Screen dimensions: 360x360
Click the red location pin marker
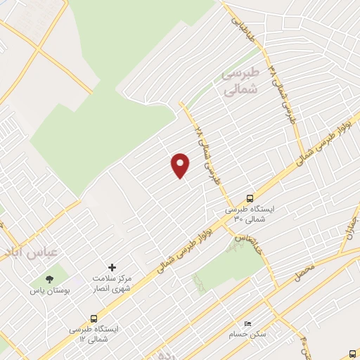pos(181,165)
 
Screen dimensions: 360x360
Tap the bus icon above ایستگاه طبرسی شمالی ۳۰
pos(250,198)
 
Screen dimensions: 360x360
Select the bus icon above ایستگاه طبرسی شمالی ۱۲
pos(94,319)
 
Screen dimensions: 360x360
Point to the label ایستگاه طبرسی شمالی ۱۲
pos(94,334)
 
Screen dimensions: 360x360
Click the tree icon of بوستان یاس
pos(49,279)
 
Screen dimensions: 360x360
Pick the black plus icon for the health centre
pos(112,267)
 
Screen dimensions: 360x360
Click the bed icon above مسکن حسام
pos(247,323)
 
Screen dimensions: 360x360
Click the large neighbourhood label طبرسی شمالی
pos(240,81)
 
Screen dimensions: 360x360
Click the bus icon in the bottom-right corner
pos(352,354)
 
